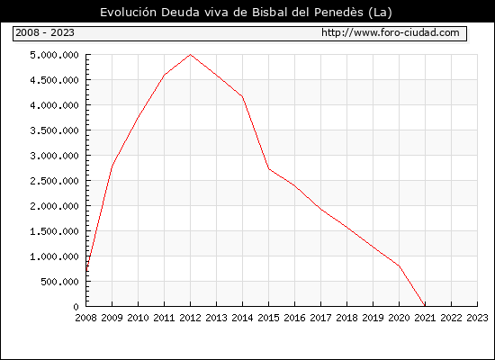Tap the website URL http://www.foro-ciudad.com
[391, 32]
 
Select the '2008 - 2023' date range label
[45, 32]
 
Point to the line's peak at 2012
[190, 55]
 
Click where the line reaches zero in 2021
[425, 306]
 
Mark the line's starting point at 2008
[85, 271]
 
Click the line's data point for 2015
[269, 169]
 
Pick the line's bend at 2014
[242, 96]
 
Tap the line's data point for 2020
[399, 265]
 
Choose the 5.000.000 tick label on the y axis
[54, 55]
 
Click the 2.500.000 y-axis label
[54, 181]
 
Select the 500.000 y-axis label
[59, 282]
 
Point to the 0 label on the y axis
[76, 307]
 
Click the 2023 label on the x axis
[477, 318]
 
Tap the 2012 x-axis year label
[190, 318]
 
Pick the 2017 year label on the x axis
[320, 318]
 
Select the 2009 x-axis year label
[112, 318]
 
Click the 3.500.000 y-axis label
[54, 130]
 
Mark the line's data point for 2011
[164, 76]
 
